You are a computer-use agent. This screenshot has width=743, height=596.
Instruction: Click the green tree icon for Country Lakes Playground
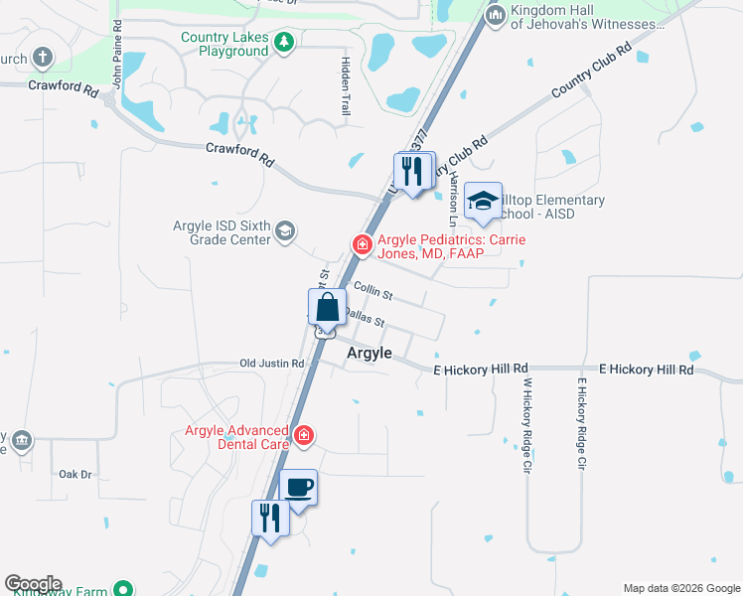click(284, 42)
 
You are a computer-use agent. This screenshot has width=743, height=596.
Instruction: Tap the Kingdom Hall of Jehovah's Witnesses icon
click(495, 16)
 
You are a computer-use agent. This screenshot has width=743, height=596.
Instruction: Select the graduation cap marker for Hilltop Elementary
click(484, 203)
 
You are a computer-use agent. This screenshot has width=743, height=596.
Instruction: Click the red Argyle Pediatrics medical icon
click(363, 243)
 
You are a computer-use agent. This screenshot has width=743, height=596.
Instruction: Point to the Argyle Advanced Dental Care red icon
click(303, 436)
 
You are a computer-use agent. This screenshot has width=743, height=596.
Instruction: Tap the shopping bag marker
click(327, 309)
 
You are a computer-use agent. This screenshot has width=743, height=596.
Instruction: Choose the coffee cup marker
click(298, 488)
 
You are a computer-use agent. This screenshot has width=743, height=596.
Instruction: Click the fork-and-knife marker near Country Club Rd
click(414, 170)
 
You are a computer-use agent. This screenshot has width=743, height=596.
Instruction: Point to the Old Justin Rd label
click(271, 364)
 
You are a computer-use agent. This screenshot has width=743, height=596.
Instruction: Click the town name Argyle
click(369, 354)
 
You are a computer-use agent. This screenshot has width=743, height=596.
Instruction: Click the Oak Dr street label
click(74, 474)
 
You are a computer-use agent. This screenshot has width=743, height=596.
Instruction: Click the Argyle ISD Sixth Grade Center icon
click(284, 231)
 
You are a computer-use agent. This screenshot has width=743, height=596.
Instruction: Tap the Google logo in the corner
click(33, 584)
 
